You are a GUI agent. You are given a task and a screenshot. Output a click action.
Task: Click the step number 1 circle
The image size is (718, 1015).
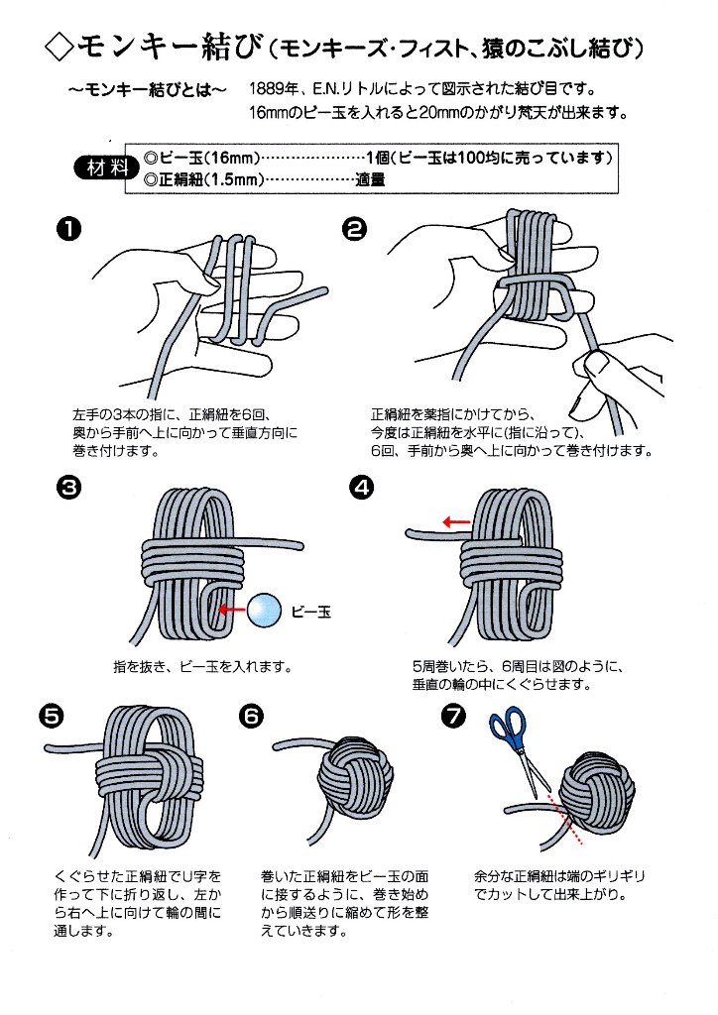[x=68, y=231]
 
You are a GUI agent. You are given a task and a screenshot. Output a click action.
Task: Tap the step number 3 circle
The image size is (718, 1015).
[x=68, y=488]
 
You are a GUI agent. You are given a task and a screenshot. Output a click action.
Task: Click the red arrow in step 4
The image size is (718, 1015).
[x=456, y=521]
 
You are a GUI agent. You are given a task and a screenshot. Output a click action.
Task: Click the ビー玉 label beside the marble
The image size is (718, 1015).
[x=309, y=612]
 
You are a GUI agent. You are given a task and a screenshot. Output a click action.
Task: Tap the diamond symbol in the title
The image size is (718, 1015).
[x=59, y=46]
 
